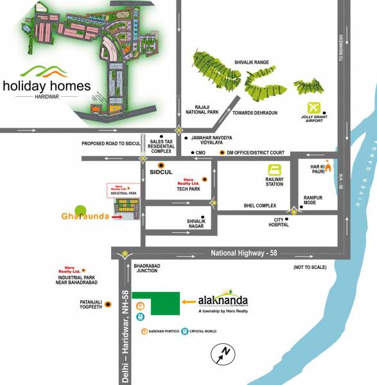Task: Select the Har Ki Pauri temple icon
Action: (328, 167)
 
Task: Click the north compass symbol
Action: (224, 353)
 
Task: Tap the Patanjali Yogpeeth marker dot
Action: (108, 304)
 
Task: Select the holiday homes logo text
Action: (46, 85)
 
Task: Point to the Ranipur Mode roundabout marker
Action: (294, 209)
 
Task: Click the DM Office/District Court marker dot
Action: (222, 153)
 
